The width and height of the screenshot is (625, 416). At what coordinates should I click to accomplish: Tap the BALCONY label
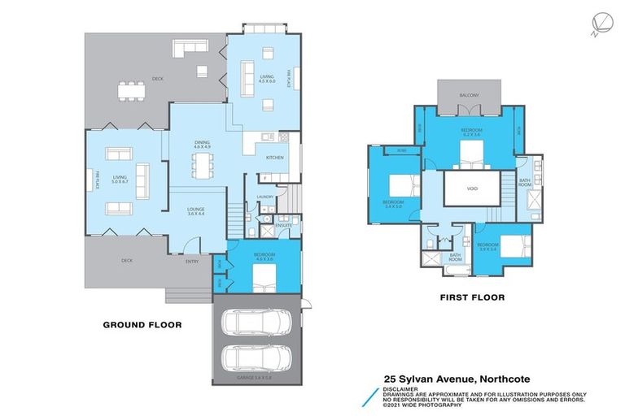click(x=469, y=95)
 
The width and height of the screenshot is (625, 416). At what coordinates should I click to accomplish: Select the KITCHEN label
click(x=273, y=157)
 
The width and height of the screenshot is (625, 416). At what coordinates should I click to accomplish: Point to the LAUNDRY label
click(x=264, y=196)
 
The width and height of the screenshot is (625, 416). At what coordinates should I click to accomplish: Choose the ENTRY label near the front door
click(x=192, y=261)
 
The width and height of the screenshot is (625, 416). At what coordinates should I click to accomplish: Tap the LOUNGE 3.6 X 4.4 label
click(x=195, y=210)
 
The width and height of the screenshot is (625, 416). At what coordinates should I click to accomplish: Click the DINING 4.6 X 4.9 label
click(x=202, y=145)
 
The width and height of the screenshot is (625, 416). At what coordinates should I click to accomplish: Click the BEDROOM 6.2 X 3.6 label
click(x=472, y=132)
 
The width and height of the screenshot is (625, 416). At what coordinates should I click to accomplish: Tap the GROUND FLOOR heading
click(x=142, y=324)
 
